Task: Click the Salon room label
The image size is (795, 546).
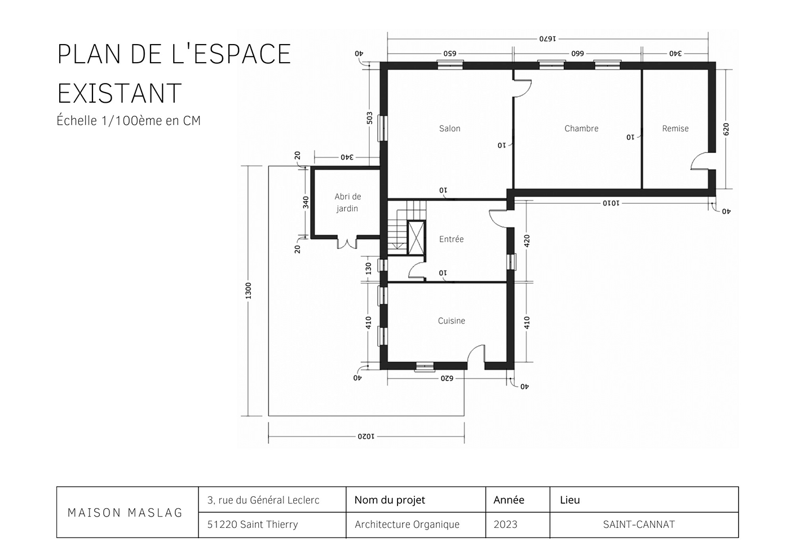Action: pyautogui.click(x=449, y=129)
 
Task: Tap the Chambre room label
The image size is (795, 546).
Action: pyautogui.click(x=581, y=129)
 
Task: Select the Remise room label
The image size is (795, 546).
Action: pyautogui.click(x=675, y=129)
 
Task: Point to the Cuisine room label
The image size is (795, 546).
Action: pyautogui.click(x=452, y=321)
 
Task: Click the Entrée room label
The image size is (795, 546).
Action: pyautogui.click(x=451, y=239)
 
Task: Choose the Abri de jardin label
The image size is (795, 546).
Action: pyautogui.click(x=347, y=203)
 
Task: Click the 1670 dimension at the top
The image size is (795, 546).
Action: pyautogui.click(x=547, y=39)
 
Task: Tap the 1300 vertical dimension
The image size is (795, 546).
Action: pyautogui.click(x=248, y=291)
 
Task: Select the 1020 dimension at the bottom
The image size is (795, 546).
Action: pyautogui.click(x=366, y=436)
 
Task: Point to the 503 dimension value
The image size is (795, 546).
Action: pyautogui.click(x=369, y=118)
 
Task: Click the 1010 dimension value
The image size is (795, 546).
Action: pyautogui.click(x=611, y=203)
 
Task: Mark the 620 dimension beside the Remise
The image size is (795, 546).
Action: pyautogui.click(x=726, y=129)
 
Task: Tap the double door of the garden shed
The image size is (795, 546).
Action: pyautogui.click(x=347, y=243)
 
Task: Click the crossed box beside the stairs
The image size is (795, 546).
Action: pyautogui.click(x=416, y=237)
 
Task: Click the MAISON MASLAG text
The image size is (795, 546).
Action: pyautogui.click(x=125, y=513)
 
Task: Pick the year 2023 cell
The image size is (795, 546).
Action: pyautogui.click(x=505, y=525)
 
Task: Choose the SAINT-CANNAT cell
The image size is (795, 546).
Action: pyautogui.click(x=638, y=525)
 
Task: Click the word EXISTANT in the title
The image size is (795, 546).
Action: pyautogui.click(x=120, y=94)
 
